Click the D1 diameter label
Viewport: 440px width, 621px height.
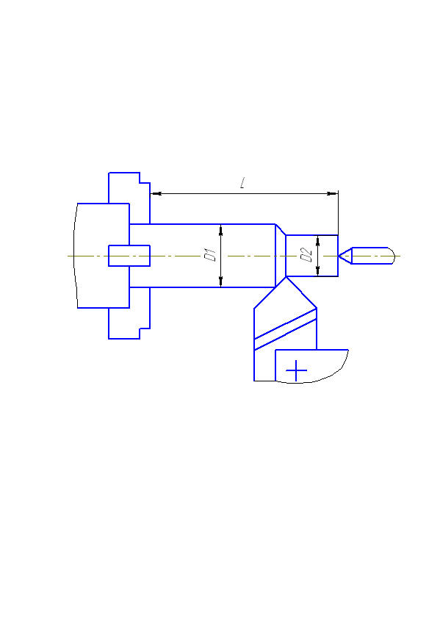click(210, 254)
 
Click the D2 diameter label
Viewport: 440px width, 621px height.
click(306, 255)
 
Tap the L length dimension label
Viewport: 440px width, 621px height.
click(242, 183)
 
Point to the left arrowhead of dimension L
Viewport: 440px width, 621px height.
click(156, 194)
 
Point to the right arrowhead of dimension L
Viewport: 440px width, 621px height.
click(332, 194)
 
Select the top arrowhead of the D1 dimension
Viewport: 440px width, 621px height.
click(221, 230)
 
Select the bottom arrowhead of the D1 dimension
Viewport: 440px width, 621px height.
click(221, 281)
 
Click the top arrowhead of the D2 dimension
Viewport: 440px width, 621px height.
click(317, 240)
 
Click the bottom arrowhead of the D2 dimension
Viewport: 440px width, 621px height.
click(317, 271)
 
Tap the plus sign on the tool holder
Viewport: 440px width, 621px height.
click(296, 370)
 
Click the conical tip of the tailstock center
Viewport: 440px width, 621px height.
click(339, 256)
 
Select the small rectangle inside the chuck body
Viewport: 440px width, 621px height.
click(129, 256)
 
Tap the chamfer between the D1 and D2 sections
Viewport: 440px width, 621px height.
click(281, 230)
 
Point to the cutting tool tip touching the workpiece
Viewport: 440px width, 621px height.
click(286, 277)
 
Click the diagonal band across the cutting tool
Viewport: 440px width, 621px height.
click(285, 329)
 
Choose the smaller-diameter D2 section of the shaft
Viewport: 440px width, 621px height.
click(311, 256)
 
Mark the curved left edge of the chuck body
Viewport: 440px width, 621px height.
click(74, 256)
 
